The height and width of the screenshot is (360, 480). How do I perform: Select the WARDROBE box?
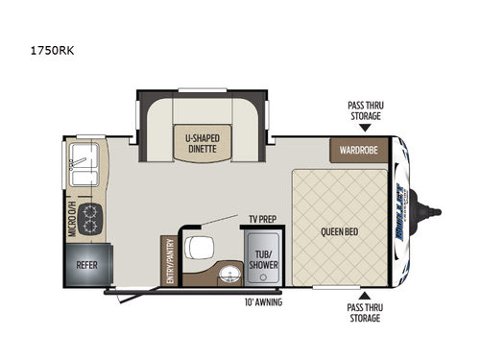[361, 150]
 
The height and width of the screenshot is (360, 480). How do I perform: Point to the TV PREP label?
[263, 218]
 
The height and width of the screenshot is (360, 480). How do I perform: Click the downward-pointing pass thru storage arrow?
[365, 130]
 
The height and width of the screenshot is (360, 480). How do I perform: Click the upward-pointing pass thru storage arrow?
[365, 295]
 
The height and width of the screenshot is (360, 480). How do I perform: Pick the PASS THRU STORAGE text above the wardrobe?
[365, 110]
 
